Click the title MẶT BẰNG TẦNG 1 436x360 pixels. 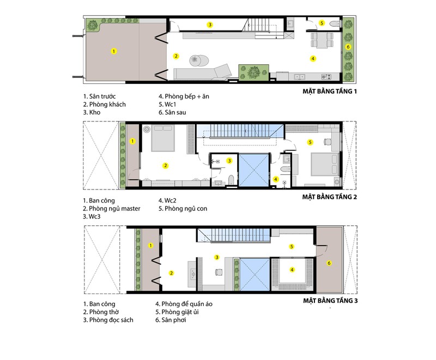point(330,91)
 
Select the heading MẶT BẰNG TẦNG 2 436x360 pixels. point(330,197)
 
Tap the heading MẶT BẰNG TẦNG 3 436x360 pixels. point(330,301)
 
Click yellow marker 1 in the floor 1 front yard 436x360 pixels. point(113,51)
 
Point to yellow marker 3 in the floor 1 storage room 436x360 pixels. point(210,25)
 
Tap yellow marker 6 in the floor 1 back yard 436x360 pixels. point(348,47)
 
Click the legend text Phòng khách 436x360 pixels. point(107,105)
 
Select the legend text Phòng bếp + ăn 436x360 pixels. point(187,96)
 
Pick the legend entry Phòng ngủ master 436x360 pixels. point(114,209)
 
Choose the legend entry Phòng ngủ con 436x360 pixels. point(186,209)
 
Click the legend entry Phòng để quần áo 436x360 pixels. point(187,304)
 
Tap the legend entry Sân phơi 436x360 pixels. point(174,320)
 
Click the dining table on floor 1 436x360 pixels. point(322,40)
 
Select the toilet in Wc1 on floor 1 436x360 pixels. point(335,24)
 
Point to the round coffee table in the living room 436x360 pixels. point(199,60)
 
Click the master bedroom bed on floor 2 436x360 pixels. point(162,138)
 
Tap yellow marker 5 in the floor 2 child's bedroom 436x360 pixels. point(310,142)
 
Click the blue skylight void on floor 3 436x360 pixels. point(255,274)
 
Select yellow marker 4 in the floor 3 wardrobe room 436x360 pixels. point(292,270)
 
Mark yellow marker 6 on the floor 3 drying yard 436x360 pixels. point(329,263)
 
